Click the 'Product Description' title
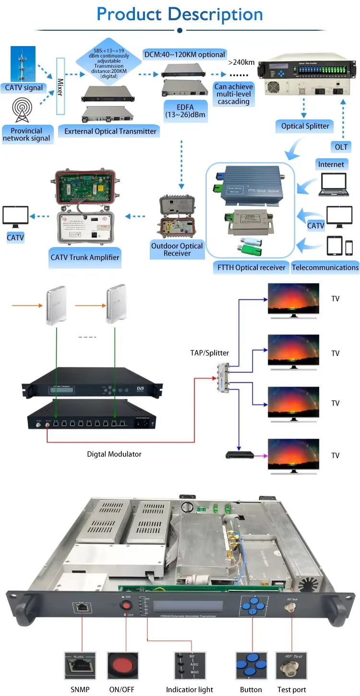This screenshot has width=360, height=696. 180,14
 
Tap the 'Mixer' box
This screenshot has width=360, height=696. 60,86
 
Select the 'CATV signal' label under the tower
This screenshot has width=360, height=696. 24,88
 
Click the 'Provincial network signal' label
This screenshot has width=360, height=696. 27,134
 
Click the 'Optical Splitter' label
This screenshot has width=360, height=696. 305,126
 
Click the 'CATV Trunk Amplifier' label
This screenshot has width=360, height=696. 85,257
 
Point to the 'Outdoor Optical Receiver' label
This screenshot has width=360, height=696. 177,249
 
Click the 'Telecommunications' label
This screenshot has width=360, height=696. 325,268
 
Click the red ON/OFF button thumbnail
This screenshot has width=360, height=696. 124,667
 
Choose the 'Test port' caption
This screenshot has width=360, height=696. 292,689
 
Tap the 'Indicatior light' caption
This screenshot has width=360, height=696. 190,689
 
